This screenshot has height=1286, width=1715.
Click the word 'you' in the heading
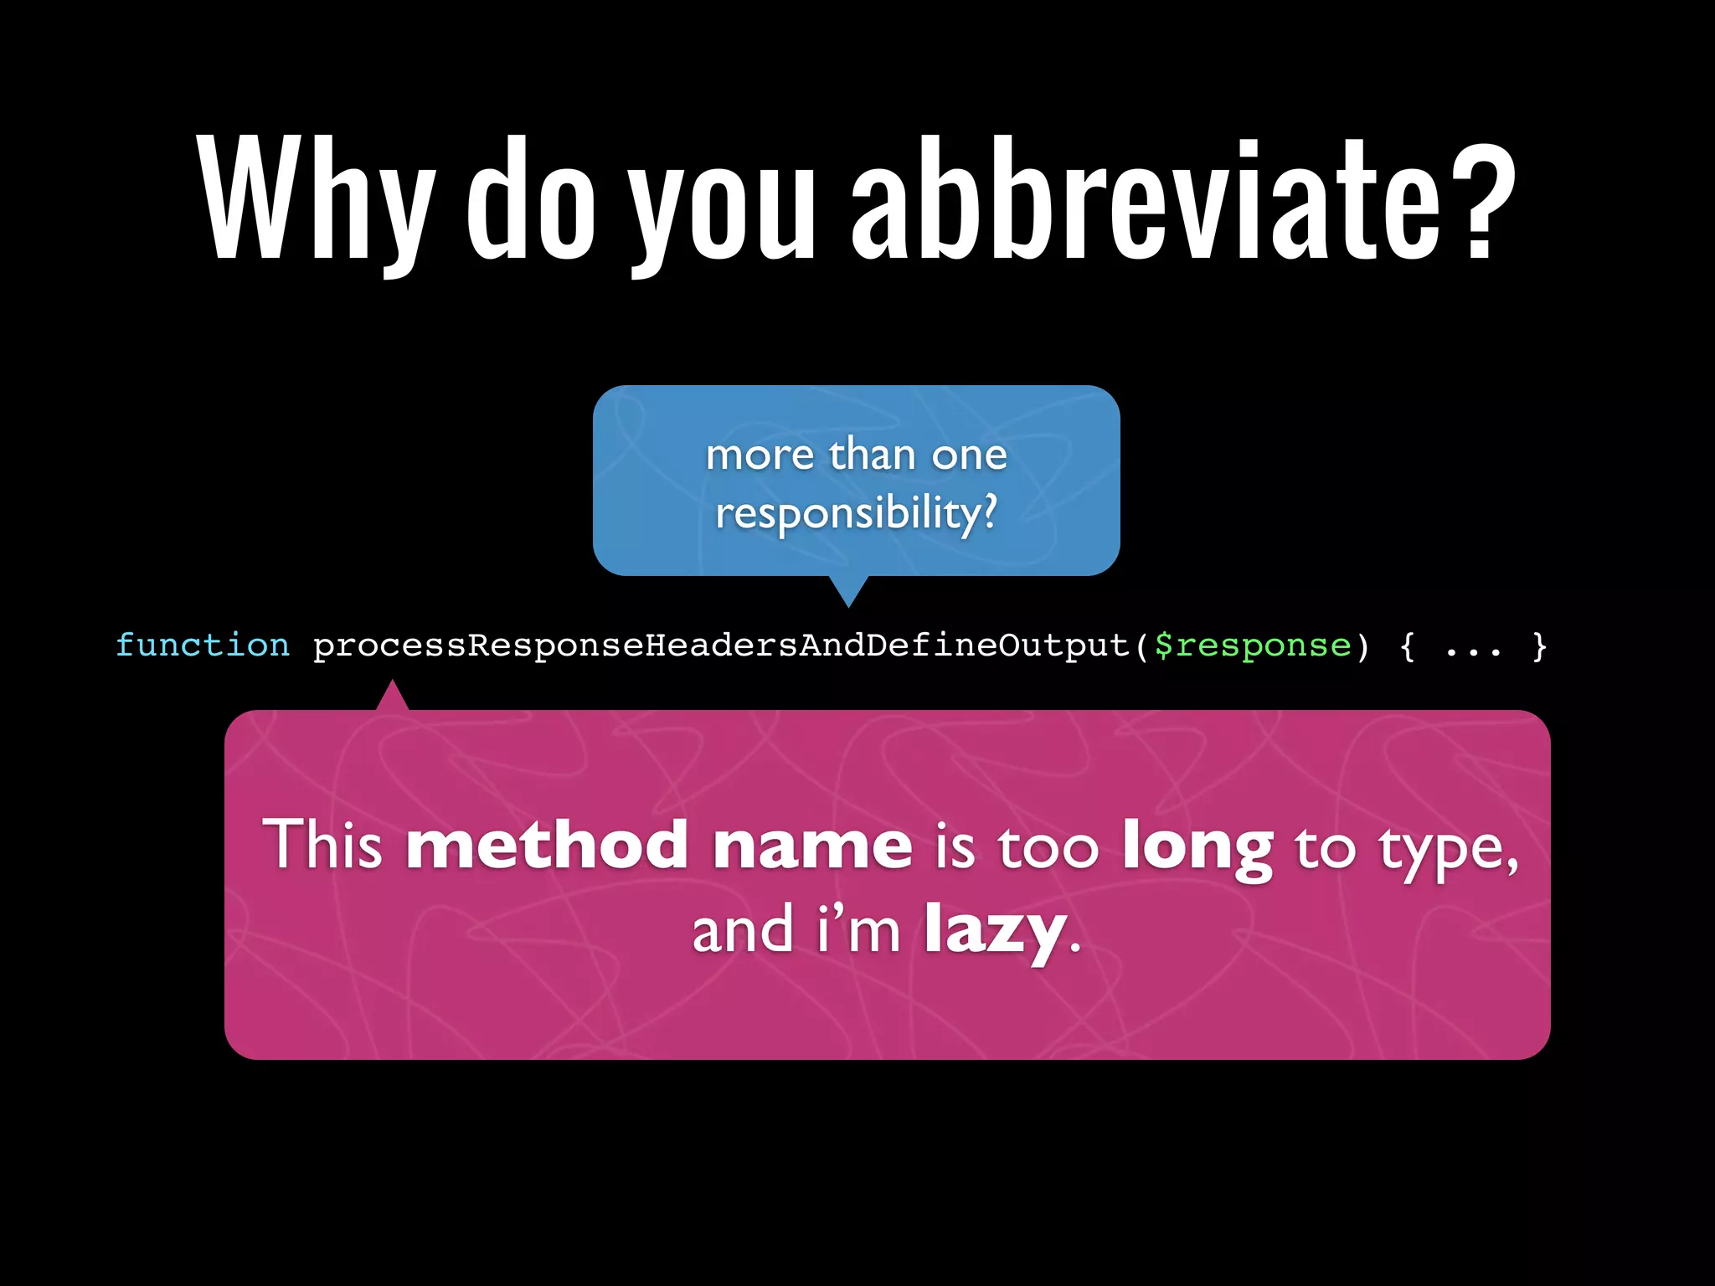point(722,205)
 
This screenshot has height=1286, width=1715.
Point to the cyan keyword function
point(203,646)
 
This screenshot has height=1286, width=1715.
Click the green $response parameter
point(1253,646)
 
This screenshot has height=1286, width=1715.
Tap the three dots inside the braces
point(1473,649)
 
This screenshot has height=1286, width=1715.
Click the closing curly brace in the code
point(1539,646)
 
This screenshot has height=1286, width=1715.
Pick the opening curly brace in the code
point(1408,646)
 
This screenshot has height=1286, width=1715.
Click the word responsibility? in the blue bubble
point(857,512)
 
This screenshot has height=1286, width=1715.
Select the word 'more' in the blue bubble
point(760,455)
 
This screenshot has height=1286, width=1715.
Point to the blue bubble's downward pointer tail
point(848,590)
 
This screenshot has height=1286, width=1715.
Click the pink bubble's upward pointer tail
point(392,696)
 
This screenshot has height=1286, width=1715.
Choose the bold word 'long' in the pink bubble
point(1197,847)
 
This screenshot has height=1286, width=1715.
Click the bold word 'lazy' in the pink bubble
point(995,931)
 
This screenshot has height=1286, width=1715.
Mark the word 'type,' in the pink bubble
point(1448,850)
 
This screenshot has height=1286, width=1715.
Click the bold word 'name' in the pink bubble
point(811,846)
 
